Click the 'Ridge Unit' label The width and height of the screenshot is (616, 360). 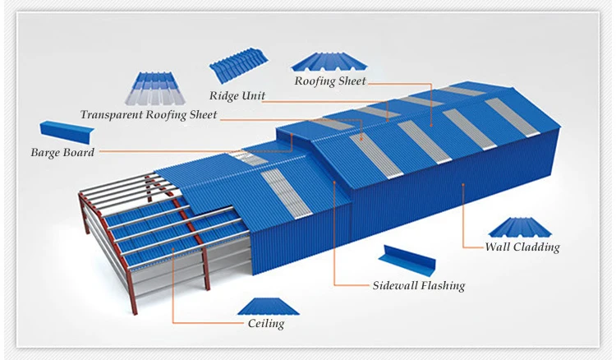tap(237, 95)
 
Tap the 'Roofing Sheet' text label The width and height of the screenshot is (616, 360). tap(330, 81)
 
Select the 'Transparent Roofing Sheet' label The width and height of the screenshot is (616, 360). tap(149, 115)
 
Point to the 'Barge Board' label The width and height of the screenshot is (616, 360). tap(62, 152)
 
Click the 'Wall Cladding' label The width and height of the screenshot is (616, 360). tap(522, 247)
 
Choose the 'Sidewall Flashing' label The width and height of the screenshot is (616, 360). tap(419, 286)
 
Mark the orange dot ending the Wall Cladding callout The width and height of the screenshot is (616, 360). tap(464, 186)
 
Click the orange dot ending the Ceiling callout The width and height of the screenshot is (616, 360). tap(172, 245)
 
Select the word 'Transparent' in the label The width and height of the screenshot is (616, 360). tap(111, 115)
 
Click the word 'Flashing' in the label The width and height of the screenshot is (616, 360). tap(440, 286)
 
